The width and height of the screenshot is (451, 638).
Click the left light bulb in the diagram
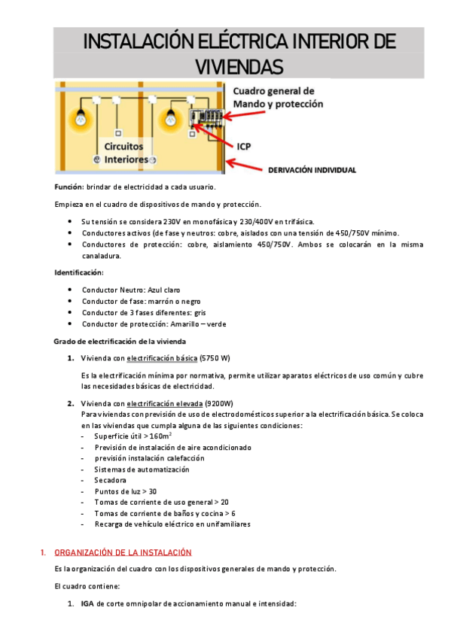tap(78, 118)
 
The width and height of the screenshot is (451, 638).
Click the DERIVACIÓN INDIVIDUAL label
tap(312, 170)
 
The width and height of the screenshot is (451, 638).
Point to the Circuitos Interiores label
tap(126, 153)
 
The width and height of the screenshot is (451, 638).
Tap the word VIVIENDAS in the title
tap(239, 66)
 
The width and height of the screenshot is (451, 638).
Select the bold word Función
tap(69, 187)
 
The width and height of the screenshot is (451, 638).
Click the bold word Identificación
tap(79, 272)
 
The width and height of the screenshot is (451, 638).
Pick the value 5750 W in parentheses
tap(215, 357)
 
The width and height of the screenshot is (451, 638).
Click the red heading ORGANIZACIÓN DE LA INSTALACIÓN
tap(123, 551)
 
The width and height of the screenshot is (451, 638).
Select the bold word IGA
tap(87, 603)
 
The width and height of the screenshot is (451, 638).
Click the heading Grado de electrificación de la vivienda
tap(114, 341)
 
